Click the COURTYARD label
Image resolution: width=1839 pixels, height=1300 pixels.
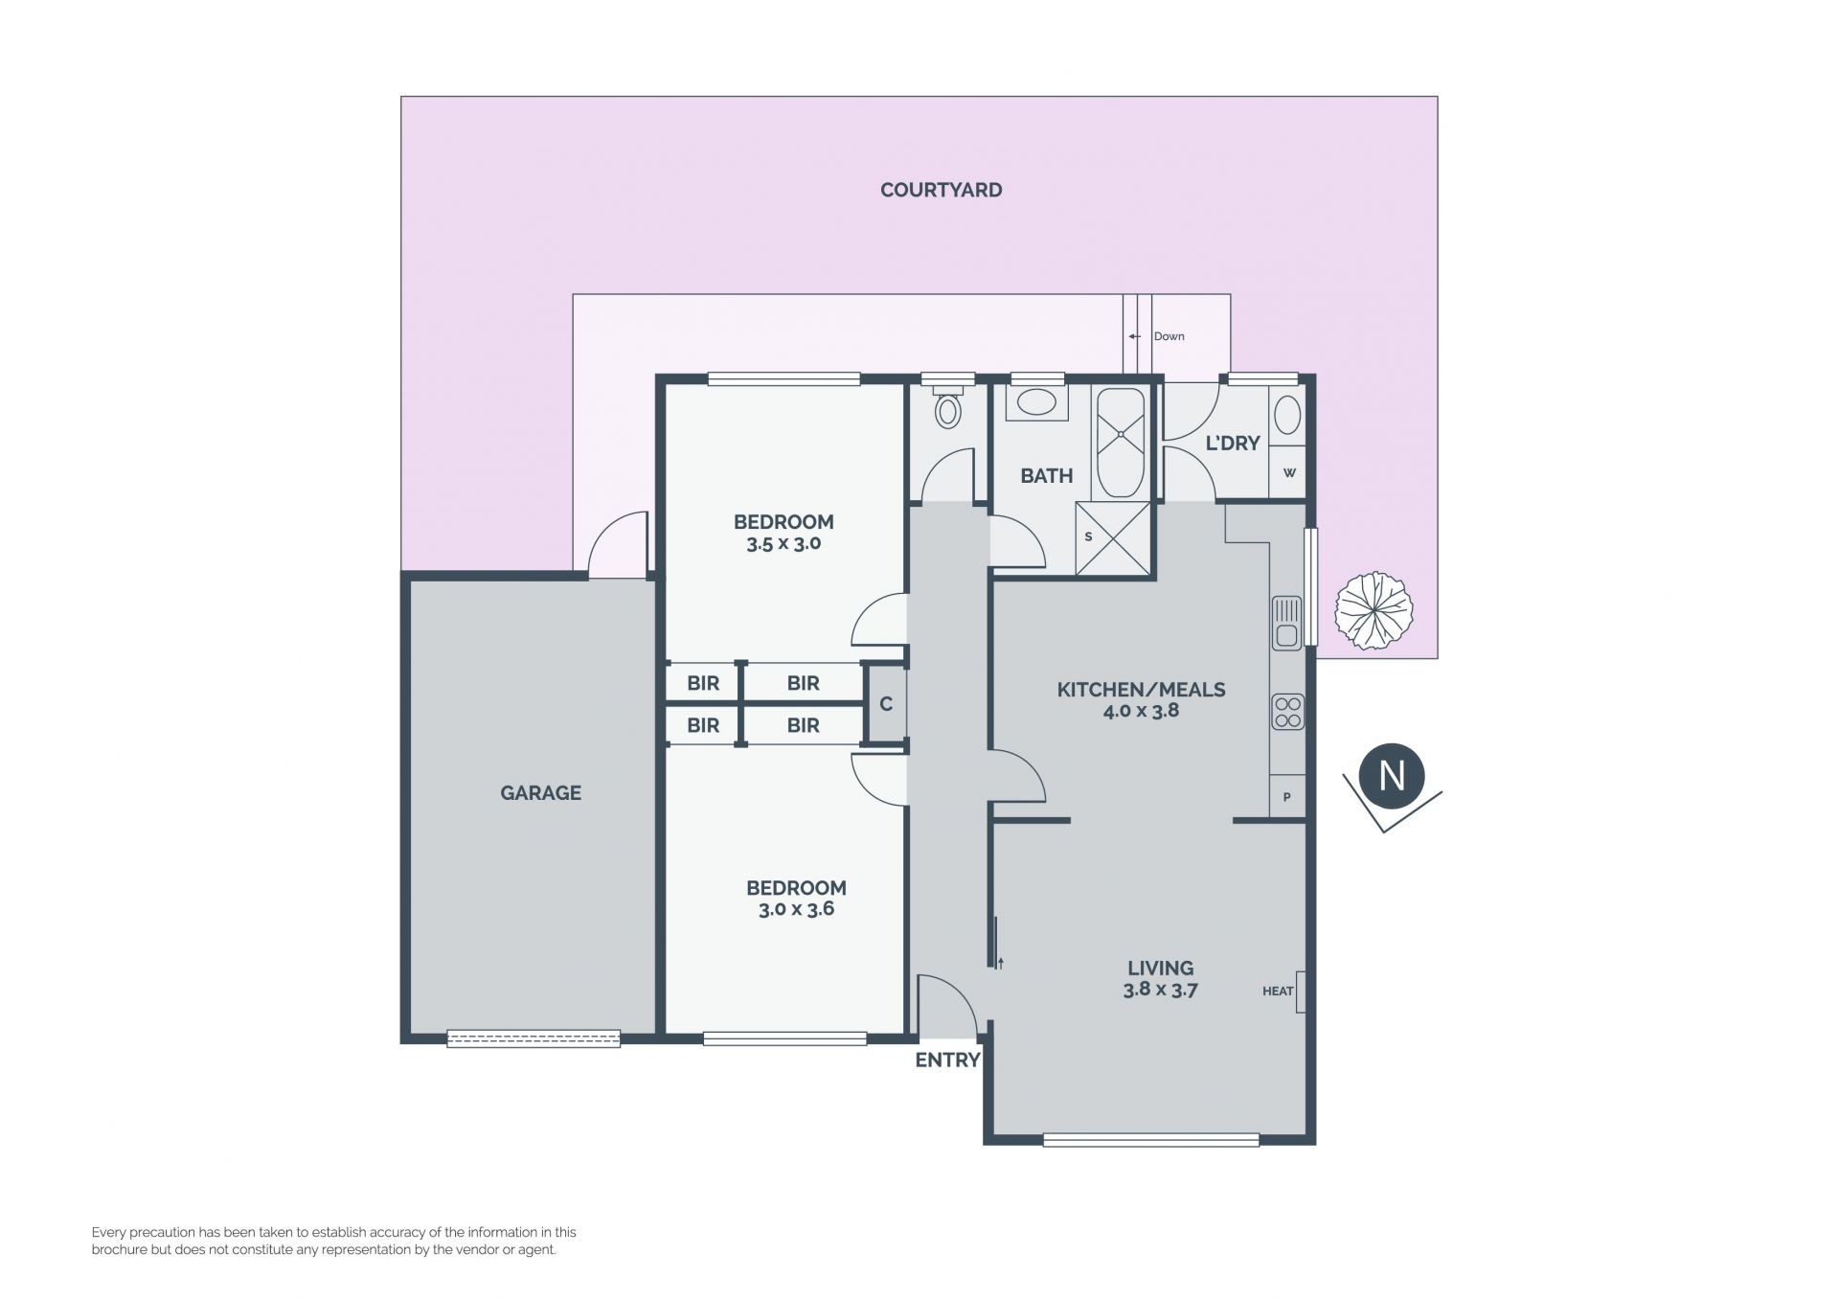pos(941,190)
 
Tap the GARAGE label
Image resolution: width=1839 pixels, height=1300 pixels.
pos(540,792)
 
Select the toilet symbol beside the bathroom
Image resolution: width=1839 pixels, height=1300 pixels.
pos(948,407)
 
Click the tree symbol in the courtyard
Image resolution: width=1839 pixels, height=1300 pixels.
pos(1374,610)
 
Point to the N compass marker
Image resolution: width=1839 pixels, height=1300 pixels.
pos(1392,775)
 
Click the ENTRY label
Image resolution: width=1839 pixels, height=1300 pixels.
pos(947,1060)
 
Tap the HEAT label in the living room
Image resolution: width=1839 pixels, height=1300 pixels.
pos(1278,992)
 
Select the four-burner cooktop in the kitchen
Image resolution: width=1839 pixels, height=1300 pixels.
pos(1287,712)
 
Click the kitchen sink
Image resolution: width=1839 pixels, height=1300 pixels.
pos(1286,622)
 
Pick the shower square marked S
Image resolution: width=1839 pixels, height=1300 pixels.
pos(1113,538)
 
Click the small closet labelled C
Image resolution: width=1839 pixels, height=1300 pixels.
pos(886,704)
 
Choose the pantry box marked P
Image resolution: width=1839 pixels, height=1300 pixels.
pos(1287,796)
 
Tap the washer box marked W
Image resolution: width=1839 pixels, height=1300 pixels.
pos(1288,472)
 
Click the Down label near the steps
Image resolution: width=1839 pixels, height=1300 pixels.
pos(1169,336)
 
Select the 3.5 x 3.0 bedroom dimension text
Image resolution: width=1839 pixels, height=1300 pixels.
pos(783,543)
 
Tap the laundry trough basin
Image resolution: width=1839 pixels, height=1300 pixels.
pos(1288,416)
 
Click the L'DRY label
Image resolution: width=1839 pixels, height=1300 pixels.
pos(1233,443)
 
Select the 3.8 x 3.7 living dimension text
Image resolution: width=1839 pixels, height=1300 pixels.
pos(1160,990)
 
